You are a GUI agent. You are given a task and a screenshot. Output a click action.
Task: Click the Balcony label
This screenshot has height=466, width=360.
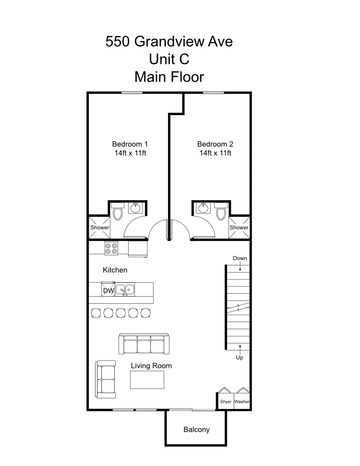click(196, 430)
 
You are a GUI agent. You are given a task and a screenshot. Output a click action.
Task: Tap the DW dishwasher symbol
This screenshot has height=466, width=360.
click(108, 290)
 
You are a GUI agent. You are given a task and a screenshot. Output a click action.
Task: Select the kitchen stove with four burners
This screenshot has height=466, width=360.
click(111, 248)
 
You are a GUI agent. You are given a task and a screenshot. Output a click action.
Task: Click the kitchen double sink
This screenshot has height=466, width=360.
click(125, 290)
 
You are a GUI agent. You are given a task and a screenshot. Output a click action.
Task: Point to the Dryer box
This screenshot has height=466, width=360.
click(226, 401)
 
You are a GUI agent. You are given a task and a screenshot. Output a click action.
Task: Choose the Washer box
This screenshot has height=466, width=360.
click(242, 401)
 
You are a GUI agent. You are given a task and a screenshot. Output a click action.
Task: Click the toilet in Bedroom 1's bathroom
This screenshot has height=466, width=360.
click(118, 211)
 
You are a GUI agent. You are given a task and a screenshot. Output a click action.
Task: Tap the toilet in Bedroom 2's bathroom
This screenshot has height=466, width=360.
click(221, 211)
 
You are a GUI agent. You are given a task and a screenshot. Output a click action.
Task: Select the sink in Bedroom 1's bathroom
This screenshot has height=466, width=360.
click(136, 207)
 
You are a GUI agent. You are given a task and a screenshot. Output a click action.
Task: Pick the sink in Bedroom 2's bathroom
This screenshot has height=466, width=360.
click(203, 207)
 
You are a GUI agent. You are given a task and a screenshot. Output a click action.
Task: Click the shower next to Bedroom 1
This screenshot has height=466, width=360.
click(99, 227)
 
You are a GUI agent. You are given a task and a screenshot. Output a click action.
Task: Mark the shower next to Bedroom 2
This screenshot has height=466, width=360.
click(239, 227)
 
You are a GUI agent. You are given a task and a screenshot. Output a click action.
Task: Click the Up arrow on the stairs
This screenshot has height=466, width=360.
click(240, 349)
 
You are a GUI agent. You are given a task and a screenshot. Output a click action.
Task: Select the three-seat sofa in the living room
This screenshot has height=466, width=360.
click(144, 344)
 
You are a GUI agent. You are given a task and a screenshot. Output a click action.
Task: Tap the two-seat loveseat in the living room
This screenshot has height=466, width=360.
click(106, 380)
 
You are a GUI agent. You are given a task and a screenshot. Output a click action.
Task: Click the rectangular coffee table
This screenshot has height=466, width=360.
click(147, 380)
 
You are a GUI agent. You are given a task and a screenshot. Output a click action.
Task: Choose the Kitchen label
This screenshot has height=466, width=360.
click(115, 270)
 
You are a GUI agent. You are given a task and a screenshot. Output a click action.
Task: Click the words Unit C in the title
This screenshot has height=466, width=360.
click(169, 59)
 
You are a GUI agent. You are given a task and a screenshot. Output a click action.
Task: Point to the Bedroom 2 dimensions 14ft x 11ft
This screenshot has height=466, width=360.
click(215, 153)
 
